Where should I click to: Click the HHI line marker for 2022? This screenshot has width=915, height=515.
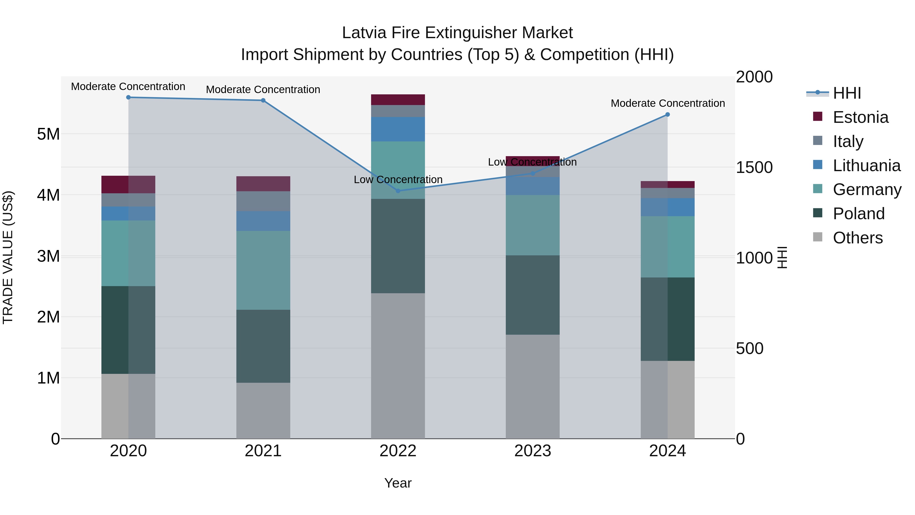398,191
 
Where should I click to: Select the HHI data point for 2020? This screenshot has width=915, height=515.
129,97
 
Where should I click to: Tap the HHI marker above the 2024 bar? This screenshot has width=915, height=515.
667,114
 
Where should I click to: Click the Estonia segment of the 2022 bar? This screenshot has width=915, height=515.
398,100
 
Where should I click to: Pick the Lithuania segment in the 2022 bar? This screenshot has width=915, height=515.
398,129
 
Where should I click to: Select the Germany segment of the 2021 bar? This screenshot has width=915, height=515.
263,271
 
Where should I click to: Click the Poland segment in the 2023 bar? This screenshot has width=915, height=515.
532,295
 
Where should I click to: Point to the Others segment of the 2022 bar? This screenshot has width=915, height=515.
398,366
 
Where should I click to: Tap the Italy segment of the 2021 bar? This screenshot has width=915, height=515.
263,201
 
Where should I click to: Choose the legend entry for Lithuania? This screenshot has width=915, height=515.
866,166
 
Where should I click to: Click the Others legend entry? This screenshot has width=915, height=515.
857,238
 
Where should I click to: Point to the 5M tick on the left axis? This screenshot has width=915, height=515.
48,134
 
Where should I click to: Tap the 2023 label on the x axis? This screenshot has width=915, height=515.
532,451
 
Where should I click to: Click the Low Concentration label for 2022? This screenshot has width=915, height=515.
398,180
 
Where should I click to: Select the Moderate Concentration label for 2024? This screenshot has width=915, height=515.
667,104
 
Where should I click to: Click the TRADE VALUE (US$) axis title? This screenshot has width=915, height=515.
8,257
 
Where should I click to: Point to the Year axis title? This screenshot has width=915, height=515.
398,483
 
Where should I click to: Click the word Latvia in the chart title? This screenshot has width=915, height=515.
364,33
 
